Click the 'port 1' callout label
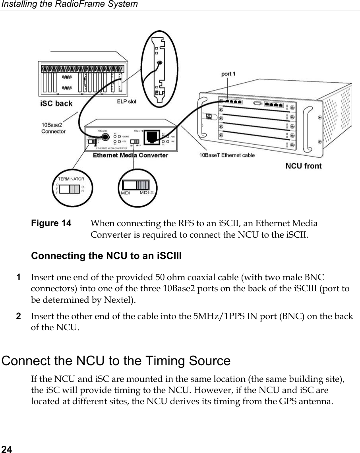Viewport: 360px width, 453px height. coord(228,74)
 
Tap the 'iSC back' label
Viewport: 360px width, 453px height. coord(56,104)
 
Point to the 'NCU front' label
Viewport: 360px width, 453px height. coord(304,166)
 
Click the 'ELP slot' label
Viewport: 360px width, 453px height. coord(126,102)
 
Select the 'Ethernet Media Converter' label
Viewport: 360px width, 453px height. coord(130,155)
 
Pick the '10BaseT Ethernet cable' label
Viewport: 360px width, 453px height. coord(227,155)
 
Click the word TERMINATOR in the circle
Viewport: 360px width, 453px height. coord(71,179)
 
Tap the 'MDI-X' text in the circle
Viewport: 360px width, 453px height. coord(147,193)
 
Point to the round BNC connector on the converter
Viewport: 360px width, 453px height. coord(105,137)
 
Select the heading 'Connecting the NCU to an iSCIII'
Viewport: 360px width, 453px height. coord(106,256)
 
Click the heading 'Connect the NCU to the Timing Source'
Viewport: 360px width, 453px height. coord(116,361)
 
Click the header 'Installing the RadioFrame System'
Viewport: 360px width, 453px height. coord(69,4)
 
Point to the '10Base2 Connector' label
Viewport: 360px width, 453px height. coord(53,128)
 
